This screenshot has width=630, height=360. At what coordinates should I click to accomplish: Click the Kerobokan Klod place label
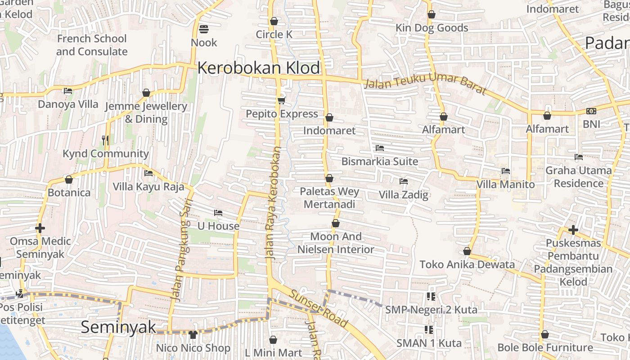(x=259, y=68)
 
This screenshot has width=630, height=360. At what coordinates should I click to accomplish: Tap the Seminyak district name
(x=118, y=327)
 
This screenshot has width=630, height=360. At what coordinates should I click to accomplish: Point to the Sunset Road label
(x=319, y=308)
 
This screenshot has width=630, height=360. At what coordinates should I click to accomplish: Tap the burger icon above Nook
(x=203, y=29)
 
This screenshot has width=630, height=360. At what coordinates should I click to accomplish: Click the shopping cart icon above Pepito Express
(x=282, y=100)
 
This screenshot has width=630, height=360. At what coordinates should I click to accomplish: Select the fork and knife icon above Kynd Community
(x=105, y=140)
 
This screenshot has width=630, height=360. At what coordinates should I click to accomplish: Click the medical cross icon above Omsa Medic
(x=40, y=228)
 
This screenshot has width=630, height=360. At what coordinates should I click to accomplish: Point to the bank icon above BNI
(x=591, y=111)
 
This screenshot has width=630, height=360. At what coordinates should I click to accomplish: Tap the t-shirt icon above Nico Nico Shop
(x=193, y=334)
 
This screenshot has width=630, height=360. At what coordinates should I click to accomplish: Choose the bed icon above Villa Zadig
(x=404, y=181)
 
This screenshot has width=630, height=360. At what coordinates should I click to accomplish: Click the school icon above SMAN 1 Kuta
(x=429, y=330)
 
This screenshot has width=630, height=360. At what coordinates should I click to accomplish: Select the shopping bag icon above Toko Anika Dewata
(x=467, y=251)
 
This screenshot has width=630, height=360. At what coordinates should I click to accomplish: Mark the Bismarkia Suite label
(x=380, y=161)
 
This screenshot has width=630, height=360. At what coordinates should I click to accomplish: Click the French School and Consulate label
(x=92, y=45)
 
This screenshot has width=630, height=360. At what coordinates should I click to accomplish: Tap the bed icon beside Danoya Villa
(x=68, y=91)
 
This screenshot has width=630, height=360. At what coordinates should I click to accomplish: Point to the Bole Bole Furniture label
(x=545, y=347)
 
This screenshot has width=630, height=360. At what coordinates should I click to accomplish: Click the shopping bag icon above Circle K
(x=274, y=21)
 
